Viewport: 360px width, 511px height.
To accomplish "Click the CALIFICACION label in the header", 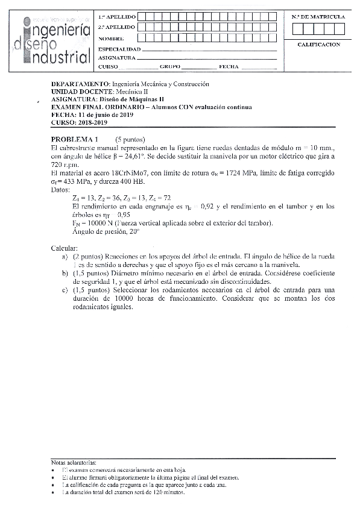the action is click(x=318, y=45).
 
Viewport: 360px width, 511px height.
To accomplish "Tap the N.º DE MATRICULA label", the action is click(x=318, y=17).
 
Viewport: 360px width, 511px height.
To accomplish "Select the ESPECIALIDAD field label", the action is click(x=119, y=48).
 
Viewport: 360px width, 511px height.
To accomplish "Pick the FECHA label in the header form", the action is click(x=229, y=67).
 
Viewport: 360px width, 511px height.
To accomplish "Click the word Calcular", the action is click(x=65, y=248).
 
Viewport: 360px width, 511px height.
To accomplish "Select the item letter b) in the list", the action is click(x=65, y=272).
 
